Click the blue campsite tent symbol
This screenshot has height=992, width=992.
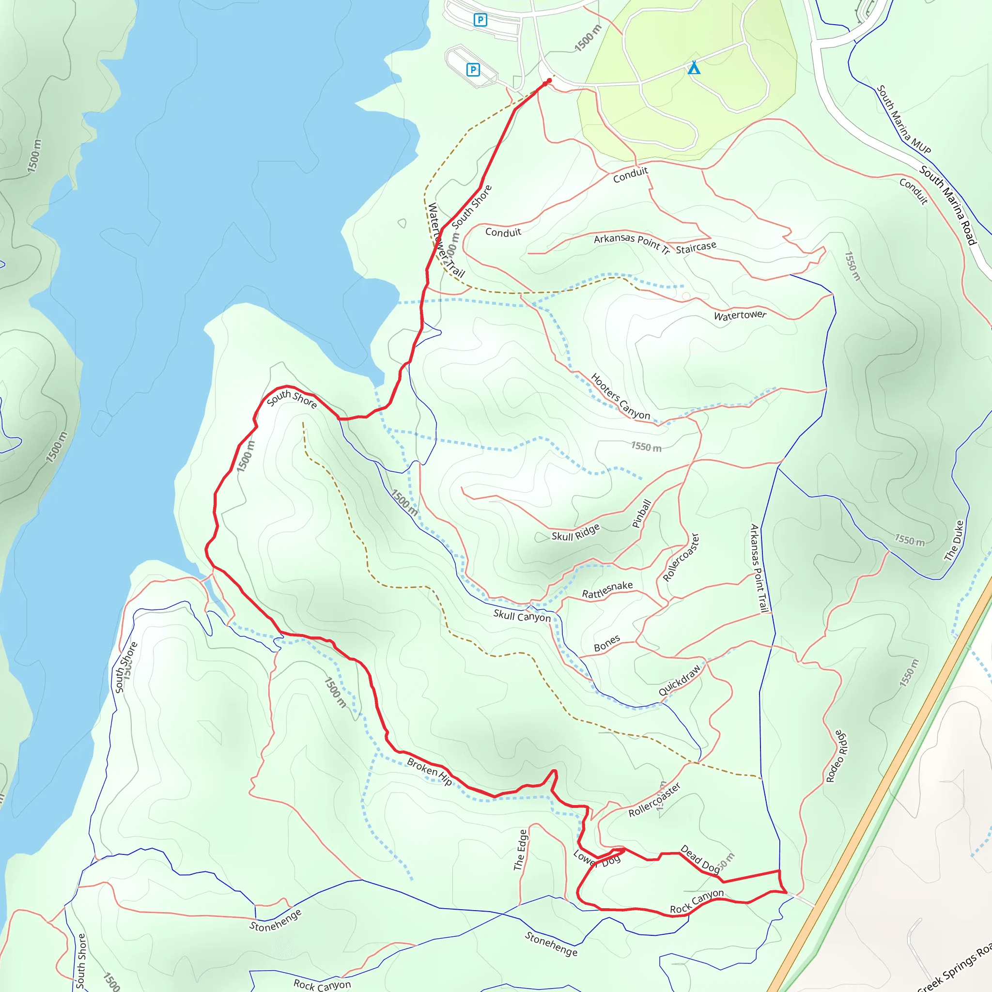[694, 67]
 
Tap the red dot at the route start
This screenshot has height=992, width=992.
[549, 80]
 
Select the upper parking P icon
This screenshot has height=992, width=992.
[480, 20]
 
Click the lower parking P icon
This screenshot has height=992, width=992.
[473, 69]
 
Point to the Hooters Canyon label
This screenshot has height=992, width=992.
[620, 396]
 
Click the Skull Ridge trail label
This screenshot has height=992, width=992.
[575, 532]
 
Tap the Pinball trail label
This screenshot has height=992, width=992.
[641, 513]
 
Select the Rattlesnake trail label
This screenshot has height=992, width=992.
[607, 589]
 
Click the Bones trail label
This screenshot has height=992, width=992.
[607, 644]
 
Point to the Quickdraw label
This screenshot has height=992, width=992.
[679, 681]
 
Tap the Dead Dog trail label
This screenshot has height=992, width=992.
[700, 858]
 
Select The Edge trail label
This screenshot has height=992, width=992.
[521, 850]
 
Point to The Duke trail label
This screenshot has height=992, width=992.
[955, 540]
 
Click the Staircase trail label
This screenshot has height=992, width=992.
[696, 248]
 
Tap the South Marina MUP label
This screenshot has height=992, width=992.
[903, 120]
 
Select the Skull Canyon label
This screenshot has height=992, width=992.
[522, 616]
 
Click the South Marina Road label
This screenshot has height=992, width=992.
[947, 205]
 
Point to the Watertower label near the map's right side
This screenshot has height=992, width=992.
[740, 315]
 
